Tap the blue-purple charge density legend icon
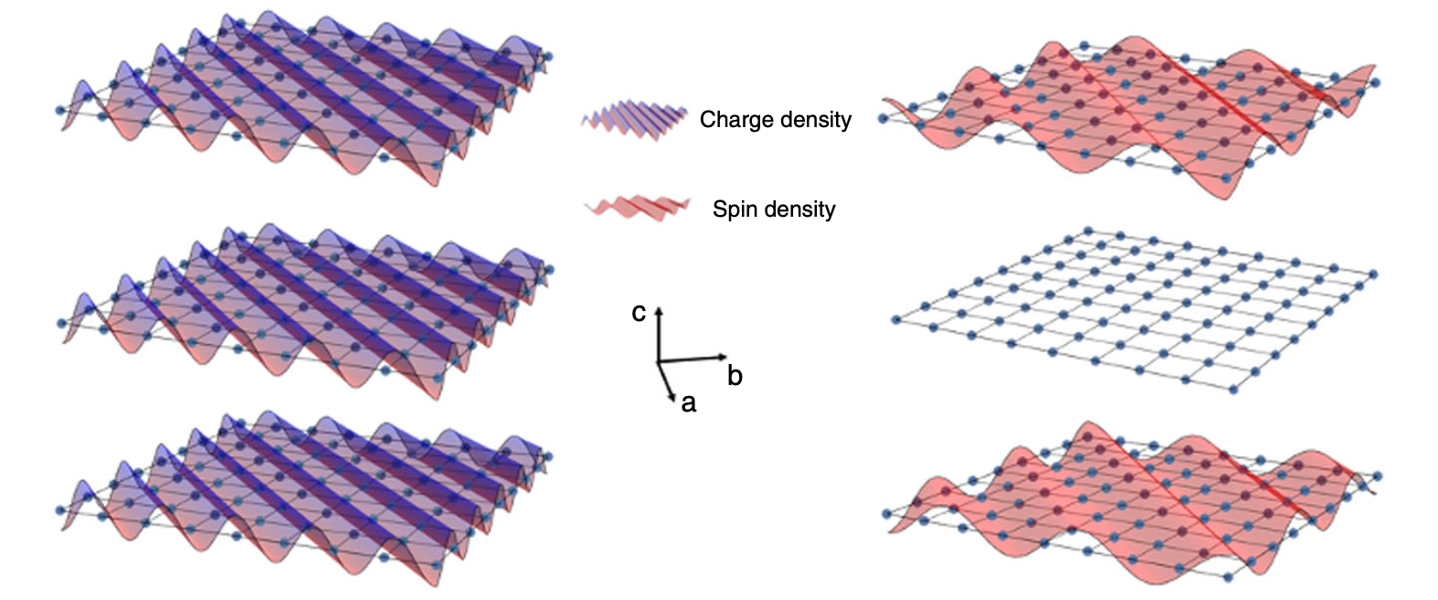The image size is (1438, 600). tap(633, 119)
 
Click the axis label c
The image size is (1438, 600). tap(639, 313)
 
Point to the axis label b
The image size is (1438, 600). tap(735, 375)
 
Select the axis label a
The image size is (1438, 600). tap(689, 402)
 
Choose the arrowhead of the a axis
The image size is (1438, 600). tap(673, 398)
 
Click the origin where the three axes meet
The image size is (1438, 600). tap(658, 362)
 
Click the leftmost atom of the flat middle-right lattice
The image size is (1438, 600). tap(896, 319)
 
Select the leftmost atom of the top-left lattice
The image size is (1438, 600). tap(60, 110)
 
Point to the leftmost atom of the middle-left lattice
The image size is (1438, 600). tap(60, 323)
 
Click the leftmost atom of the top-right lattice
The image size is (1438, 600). tap(884, 118)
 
